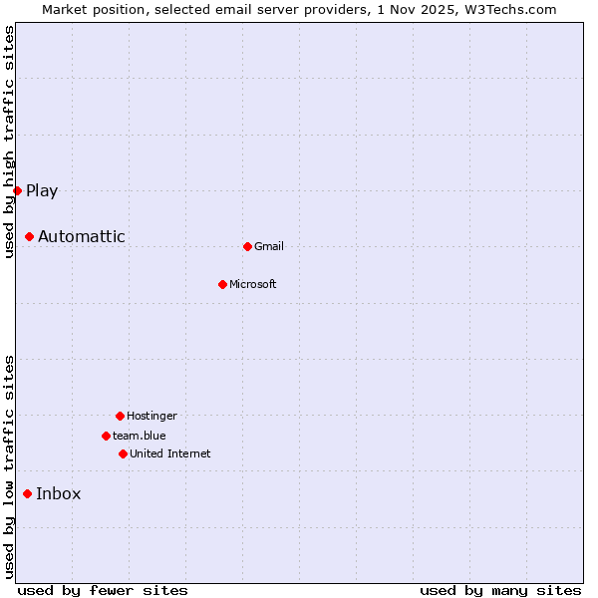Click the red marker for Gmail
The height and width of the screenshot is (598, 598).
coord(247,246)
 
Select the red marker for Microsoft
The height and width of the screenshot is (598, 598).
coord(222,284)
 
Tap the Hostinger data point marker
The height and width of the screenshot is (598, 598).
coord(120,416)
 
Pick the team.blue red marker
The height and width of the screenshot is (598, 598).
coord(106,436)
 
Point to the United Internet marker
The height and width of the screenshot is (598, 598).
coord(123,453)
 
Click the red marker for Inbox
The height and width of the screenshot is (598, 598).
coord(27,493)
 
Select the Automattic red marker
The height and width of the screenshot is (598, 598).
coord(29,236)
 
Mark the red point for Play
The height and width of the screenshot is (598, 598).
coord(17,190)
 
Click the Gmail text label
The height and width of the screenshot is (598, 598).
coord(269,246)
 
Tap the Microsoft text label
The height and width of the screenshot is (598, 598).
coord(253,284)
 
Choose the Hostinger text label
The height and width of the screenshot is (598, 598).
coord(151,416)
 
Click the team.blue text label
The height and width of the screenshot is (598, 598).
coord(140,436)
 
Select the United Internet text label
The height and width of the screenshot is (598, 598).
coord(170,453)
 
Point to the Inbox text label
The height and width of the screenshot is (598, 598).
coord(59,493)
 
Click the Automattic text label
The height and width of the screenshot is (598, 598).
coord(82,236)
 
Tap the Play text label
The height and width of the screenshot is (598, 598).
coord(42,190)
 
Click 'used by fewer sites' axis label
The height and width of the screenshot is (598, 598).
coord(103,590)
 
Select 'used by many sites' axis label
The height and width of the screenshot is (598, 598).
coord(500,590)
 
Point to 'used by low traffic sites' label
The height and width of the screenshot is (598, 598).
coord(9,466)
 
